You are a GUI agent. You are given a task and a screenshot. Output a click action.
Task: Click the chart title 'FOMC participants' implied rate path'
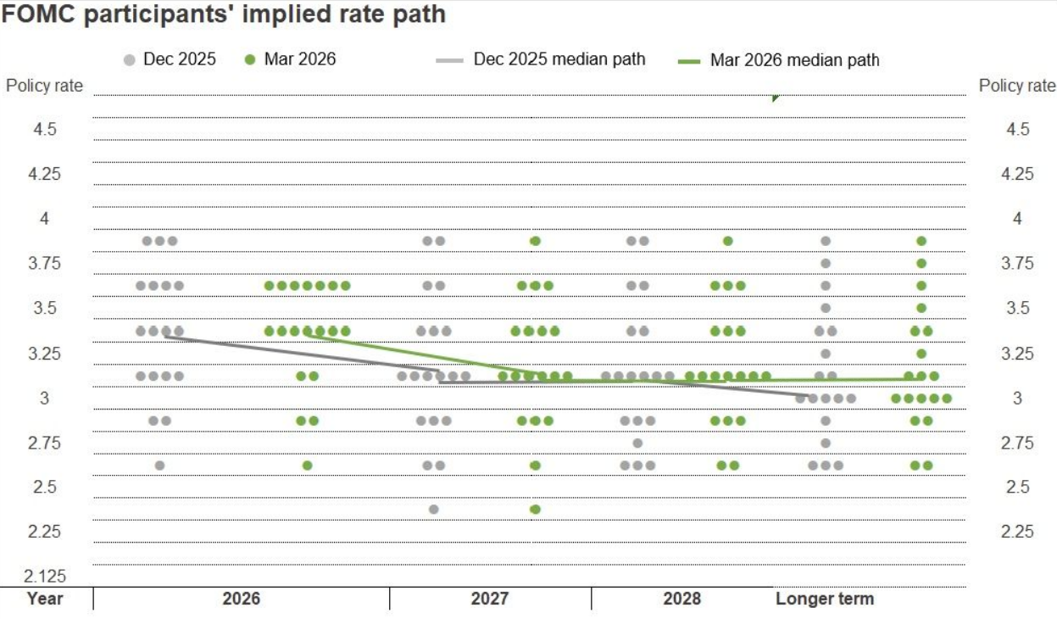coord(224,14)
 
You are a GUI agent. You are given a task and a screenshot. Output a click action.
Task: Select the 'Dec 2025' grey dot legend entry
coord(170,59)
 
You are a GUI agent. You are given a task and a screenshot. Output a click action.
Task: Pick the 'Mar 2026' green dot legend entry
coord(290,59)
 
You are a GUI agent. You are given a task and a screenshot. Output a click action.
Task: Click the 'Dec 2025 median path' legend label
coord(559,59)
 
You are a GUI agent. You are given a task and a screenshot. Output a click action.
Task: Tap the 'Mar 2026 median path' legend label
coord(794,60)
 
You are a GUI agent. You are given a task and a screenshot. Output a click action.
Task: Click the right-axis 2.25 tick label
coord(1017,532)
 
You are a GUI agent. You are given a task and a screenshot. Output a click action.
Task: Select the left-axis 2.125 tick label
coord(45,577)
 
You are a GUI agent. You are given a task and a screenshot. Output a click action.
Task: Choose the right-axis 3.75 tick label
coord(1017,264)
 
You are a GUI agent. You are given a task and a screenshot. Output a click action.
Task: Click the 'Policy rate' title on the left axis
coord(45,86)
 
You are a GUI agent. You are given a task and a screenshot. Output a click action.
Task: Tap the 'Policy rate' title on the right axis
coord(1017,86)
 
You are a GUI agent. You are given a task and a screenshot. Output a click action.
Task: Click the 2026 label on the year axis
coord(242,599)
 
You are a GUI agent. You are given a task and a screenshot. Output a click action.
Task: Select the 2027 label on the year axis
coord(490,599)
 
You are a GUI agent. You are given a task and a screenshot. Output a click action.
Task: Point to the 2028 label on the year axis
coord(682,599)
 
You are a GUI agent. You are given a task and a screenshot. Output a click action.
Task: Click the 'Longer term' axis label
coord(824,599)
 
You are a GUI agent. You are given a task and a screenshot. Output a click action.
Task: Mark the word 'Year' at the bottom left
coord(45,599)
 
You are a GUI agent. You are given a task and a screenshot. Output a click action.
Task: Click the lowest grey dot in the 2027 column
coord(434,509)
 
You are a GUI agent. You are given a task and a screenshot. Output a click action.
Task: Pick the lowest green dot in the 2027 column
coord(535,509)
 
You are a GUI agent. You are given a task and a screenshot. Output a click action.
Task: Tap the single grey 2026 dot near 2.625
coord(159,465)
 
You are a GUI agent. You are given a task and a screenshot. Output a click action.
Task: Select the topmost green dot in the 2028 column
coord(727,241)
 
